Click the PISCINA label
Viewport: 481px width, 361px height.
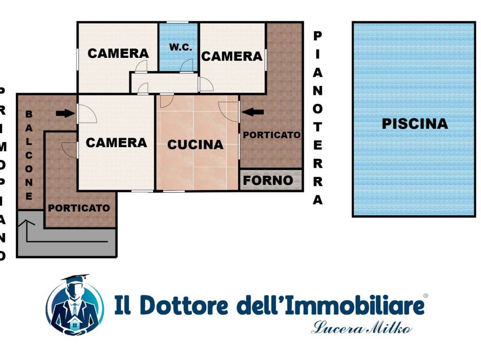414,124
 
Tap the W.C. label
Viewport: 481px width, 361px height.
180,47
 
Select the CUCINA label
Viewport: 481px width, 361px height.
195,145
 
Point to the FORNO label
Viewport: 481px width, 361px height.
268,180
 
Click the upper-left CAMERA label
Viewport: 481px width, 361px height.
118,54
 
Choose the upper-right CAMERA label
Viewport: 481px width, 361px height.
232,56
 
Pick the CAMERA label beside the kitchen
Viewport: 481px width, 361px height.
116,142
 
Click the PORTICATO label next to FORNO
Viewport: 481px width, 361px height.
272,135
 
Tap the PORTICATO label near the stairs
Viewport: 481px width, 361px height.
79,208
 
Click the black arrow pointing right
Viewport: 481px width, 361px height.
65,113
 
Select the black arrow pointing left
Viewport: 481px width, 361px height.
253,112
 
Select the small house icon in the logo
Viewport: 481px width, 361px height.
74,323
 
